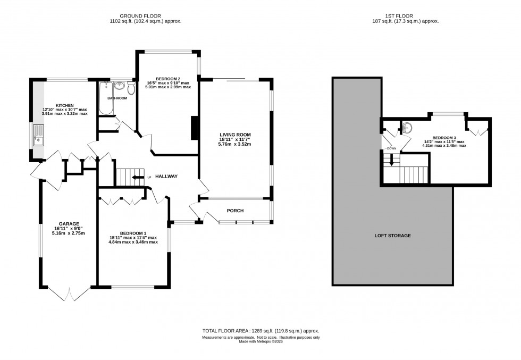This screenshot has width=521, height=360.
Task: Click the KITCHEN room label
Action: tap(65, 105)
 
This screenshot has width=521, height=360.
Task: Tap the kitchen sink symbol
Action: tap(39, 136)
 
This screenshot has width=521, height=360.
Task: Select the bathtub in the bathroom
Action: tap(105, 99)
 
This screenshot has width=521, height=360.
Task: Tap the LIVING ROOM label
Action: tap(235, 135)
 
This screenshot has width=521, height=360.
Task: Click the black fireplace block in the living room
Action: tap(195, 128)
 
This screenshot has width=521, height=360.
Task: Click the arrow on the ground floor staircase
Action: tap(138, 177)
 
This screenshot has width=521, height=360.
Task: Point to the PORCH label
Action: tap(235, 211)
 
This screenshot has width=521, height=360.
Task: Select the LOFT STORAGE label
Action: tap(393, 235)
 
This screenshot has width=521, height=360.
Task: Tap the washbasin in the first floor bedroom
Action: tap(407, 128)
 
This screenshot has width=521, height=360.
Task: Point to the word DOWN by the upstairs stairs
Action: tap(392, 148)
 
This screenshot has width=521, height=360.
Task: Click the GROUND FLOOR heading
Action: tap(141, 16)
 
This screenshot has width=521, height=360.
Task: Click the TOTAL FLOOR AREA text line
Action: tap(260, 331)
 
